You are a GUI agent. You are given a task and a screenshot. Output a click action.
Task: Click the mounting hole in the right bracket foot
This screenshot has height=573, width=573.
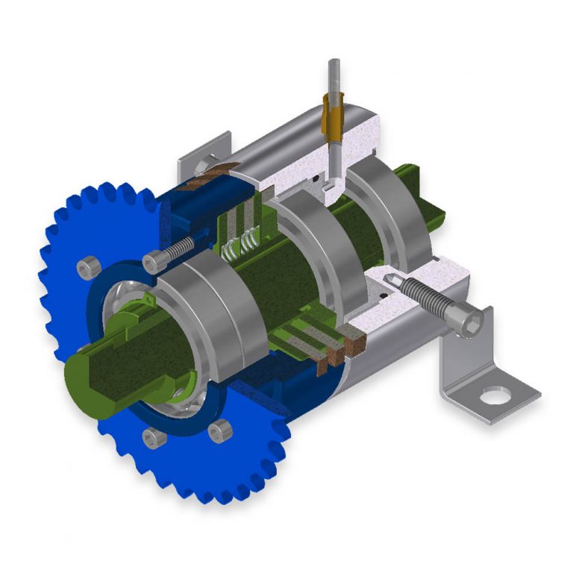tap(492, 395)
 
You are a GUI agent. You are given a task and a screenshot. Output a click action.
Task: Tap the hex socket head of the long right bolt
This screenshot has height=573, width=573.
tap(472, 319)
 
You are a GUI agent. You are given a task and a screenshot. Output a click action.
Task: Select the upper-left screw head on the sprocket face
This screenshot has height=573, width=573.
tap(90, 265)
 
